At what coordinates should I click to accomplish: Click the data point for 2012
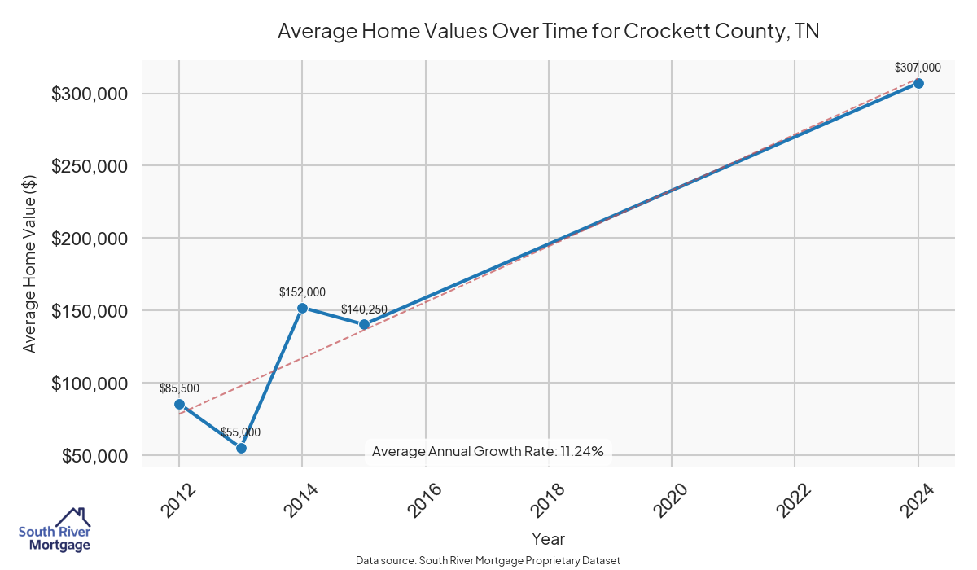179,404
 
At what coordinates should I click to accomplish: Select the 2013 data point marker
241,448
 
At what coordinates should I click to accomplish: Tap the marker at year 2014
302,308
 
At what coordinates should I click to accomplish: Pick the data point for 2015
364,324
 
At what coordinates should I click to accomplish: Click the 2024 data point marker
918,83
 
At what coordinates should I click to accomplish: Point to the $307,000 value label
918,68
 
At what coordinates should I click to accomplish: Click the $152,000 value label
302,292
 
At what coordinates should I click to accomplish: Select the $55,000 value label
240,432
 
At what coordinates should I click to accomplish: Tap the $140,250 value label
364,309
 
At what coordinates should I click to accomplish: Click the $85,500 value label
179,388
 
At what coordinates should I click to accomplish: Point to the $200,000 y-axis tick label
90,239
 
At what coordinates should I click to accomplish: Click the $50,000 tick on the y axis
94,456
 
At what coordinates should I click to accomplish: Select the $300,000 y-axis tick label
90,94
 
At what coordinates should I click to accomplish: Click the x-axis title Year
548,539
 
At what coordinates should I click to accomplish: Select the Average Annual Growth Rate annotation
488,451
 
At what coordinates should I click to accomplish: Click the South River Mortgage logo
55,530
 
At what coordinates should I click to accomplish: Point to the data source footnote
488,561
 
